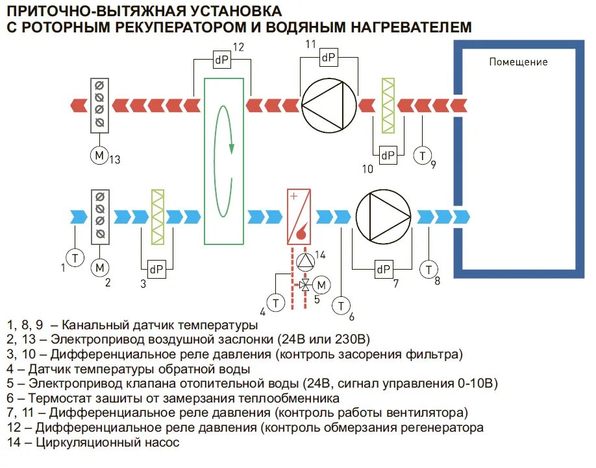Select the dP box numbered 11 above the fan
pos(329,58)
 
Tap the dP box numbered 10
pos(388,155)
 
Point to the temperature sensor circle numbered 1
pos(75,257)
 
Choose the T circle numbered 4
pos(277,302)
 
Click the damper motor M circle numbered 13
pos(99,155)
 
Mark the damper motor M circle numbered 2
pos(100,267)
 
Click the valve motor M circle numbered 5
pos(321,285)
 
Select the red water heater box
pos(299,216)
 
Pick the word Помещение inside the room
pos(518,62)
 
